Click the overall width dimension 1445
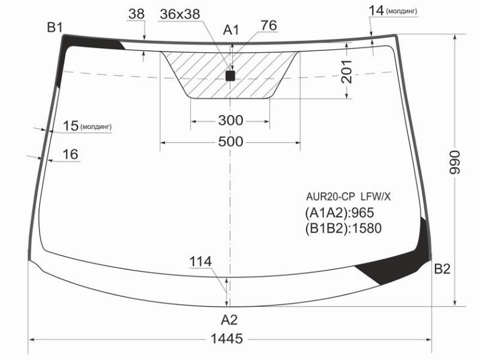pyautogui.click(x=227, y=338)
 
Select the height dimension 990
pyautogui.click(x=455, y=162)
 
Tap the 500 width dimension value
pyautogui.click(x=231, y=142)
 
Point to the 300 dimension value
pyautogui.click(x=231, y=121)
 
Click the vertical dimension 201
pyautogui.click(x=347, y=72)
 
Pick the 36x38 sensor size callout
pyautogui.click(x=180, y=14)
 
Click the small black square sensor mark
pyautogui.click(x=230, y=76)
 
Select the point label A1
pyautogui.click(x=231, y=31)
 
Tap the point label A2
pyautogui.click(x=229, y=320)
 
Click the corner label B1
pyautogui.click(x=55, y=28)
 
